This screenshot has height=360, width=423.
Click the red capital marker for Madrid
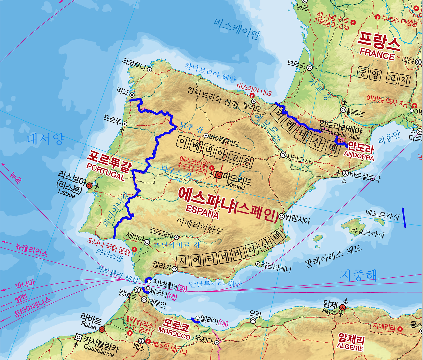218,175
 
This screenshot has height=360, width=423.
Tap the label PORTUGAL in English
105,172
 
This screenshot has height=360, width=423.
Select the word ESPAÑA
202,212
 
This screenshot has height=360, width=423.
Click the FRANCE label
377,54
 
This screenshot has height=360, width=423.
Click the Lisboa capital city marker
89,186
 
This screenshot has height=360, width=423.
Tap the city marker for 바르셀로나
345,173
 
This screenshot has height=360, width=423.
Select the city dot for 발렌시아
281,216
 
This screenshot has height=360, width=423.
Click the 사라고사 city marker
283,154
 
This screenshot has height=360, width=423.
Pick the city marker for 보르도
309,67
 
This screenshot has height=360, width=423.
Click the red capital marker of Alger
342,307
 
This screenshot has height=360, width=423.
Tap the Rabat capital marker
102,329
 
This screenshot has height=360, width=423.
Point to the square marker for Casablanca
78,337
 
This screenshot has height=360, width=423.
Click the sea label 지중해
358,275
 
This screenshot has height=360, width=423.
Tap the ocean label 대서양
46,139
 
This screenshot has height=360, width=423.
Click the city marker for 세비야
147,242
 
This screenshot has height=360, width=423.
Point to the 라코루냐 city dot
149,69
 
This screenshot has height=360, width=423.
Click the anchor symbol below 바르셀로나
344,181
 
